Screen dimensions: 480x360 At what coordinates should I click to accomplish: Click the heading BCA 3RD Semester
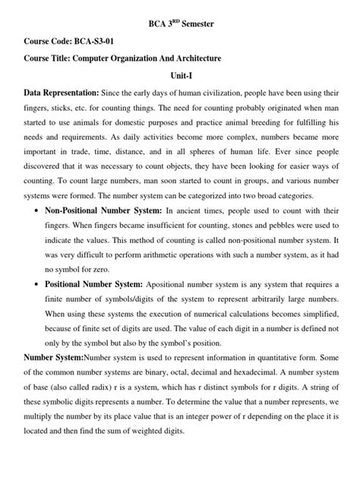click(x=179, y=25)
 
